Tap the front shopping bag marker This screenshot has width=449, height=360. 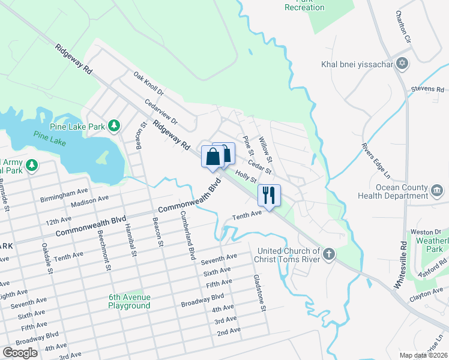[x=213, y=157]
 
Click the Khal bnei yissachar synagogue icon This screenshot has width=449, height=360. [x=402, y=64]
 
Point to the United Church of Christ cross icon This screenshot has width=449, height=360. [x=328, y=254]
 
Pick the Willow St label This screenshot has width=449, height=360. [x=265, y=149]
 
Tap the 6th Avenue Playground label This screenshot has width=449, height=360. [x=129, y=301]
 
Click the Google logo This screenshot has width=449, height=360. [x=20, y=352]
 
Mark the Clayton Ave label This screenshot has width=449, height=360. [x=426, y=293]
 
